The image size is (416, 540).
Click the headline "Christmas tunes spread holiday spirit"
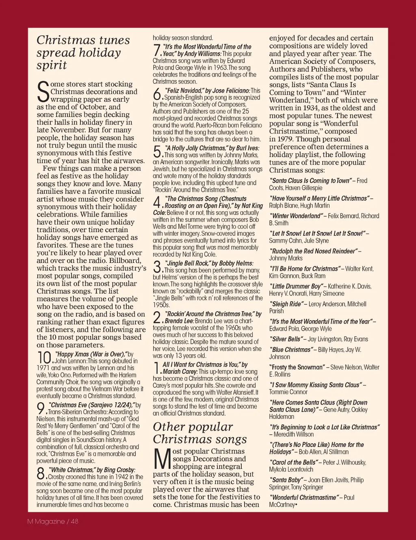click(x=83, y=52)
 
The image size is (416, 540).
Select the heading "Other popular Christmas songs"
click(x=200, y=433)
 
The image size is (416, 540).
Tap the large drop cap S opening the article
click(x=43, y=92)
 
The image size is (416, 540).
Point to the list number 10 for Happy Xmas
click(x=44, y=358)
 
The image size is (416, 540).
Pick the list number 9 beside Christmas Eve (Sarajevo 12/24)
click(x=41, y=408)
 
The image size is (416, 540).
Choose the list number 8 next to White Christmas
click(x=41, y=473)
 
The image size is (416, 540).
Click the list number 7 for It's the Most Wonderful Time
click(x=157, y=50)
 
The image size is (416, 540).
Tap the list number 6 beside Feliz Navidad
click(x=157, y=94)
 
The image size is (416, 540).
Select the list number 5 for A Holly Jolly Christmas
click(x=157, y=152)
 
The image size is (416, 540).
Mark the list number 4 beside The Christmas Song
click(x=157, y=202)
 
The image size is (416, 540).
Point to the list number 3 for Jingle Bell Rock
click(x=157, y=267)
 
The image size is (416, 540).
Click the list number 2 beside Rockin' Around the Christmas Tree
click(x=157, y=317)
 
